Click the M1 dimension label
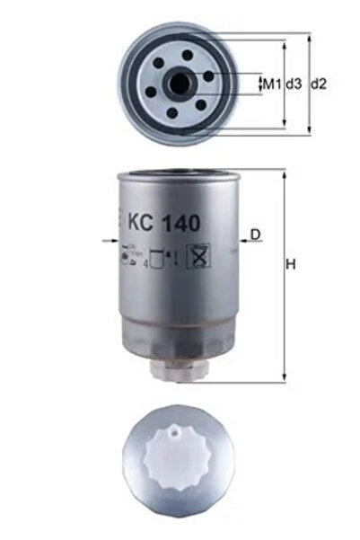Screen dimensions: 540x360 270,84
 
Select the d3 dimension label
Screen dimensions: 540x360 294,84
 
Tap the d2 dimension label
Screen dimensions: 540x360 318,84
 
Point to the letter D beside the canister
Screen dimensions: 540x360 255,235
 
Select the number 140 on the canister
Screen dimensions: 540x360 185,219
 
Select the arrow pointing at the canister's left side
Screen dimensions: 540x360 110,242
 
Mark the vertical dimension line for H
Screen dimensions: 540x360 284,274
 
